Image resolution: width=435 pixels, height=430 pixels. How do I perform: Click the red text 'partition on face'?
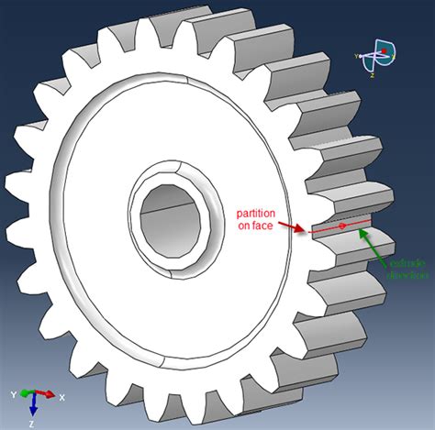pyautogui.click(x=258, y=215)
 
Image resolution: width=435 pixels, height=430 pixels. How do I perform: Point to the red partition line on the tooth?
pyautogui.click(x=340, y=226)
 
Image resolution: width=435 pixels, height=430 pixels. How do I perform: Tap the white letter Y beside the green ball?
pyautogui.click(x=12, y=395)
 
